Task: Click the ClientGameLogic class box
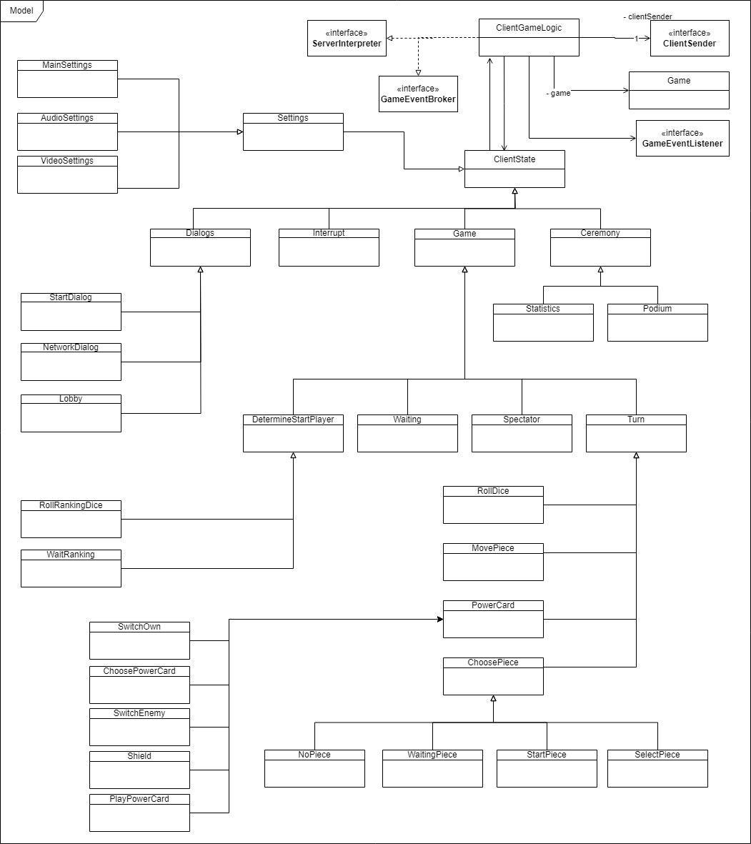point(529,38)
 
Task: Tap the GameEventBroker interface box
point(418,94)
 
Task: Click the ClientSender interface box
point(690,39)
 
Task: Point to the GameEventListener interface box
point(682,138)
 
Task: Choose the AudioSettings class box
point(67,131)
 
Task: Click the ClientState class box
point(514,169)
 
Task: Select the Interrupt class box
point(329,247)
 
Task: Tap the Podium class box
point(657,322)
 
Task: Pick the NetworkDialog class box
point(71,362)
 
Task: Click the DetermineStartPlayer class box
point(293,433)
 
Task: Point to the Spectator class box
point(522,433)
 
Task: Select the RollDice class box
point(493,505)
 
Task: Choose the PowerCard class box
point(493,619)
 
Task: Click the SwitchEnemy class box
point(139,727)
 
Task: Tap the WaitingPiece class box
point(432,768)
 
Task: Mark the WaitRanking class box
point(71,568)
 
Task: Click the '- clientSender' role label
point(647,16)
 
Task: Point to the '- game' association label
point(558,93)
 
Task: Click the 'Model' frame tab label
point(21,11)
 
